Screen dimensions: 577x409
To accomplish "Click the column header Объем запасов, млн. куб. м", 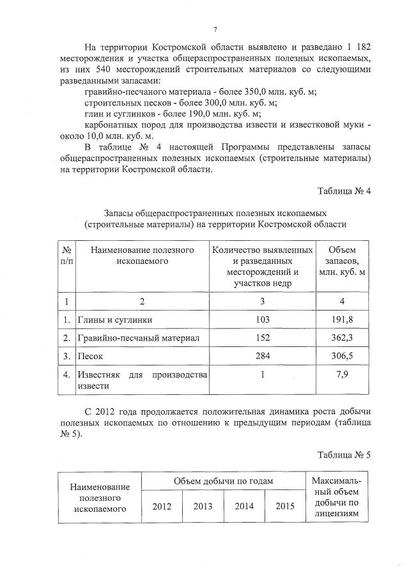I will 341,261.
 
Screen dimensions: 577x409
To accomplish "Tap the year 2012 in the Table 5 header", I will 162,506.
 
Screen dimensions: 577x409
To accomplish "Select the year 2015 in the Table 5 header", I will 285,506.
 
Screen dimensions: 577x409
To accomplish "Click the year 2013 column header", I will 203,506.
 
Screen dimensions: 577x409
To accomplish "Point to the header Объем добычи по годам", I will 223,481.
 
